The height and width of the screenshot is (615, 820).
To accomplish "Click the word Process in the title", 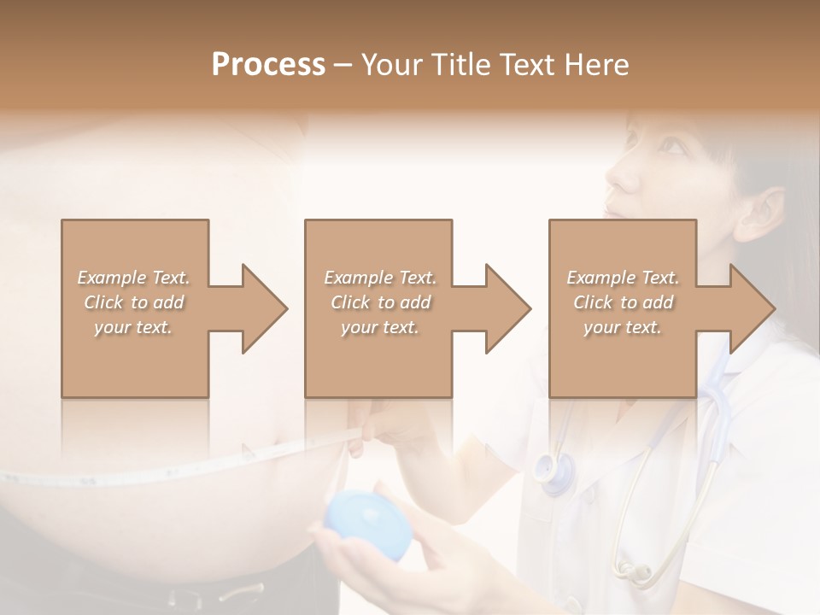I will coord(268,65).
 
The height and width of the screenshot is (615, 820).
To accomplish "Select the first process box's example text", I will coord(133,302).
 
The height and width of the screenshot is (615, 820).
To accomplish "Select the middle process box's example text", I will coord(379,302).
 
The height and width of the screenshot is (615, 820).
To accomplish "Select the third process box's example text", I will coord(623,302).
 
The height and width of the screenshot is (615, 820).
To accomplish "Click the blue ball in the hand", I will coord(368,524).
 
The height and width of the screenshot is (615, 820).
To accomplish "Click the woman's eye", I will coord(672,147).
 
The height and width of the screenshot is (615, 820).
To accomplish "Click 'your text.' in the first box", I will coord(133,327).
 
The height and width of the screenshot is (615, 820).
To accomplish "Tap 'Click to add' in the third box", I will coord(623,302).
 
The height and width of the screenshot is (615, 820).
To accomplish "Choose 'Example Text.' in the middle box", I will coord(379,278).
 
